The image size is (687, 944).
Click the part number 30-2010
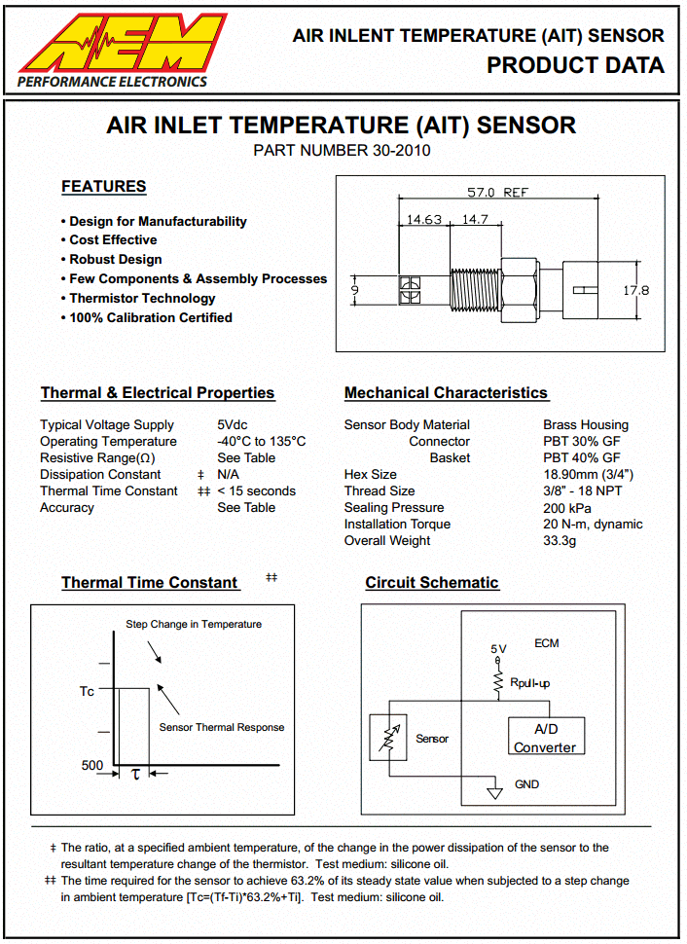[342, 151]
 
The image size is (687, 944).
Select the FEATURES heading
[103, 187]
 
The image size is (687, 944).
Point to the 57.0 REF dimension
[497, 193]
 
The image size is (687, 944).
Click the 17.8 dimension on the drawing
[635, 290]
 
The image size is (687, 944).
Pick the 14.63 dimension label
[424, 220]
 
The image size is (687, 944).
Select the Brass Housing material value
[586, 425]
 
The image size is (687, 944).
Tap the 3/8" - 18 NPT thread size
[582, 491]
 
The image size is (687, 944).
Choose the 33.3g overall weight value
[560, 541]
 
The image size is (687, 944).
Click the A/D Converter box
[545, 738]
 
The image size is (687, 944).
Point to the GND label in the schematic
[526, 784]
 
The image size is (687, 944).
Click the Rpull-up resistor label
[529, 683]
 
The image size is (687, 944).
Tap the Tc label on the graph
[87, 691]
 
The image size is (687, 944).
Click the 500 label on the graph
[92, 766]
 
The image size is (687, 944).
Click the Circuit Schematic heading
[432, 583]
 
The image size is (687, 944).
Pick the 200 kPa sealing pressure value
[567, 508]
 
